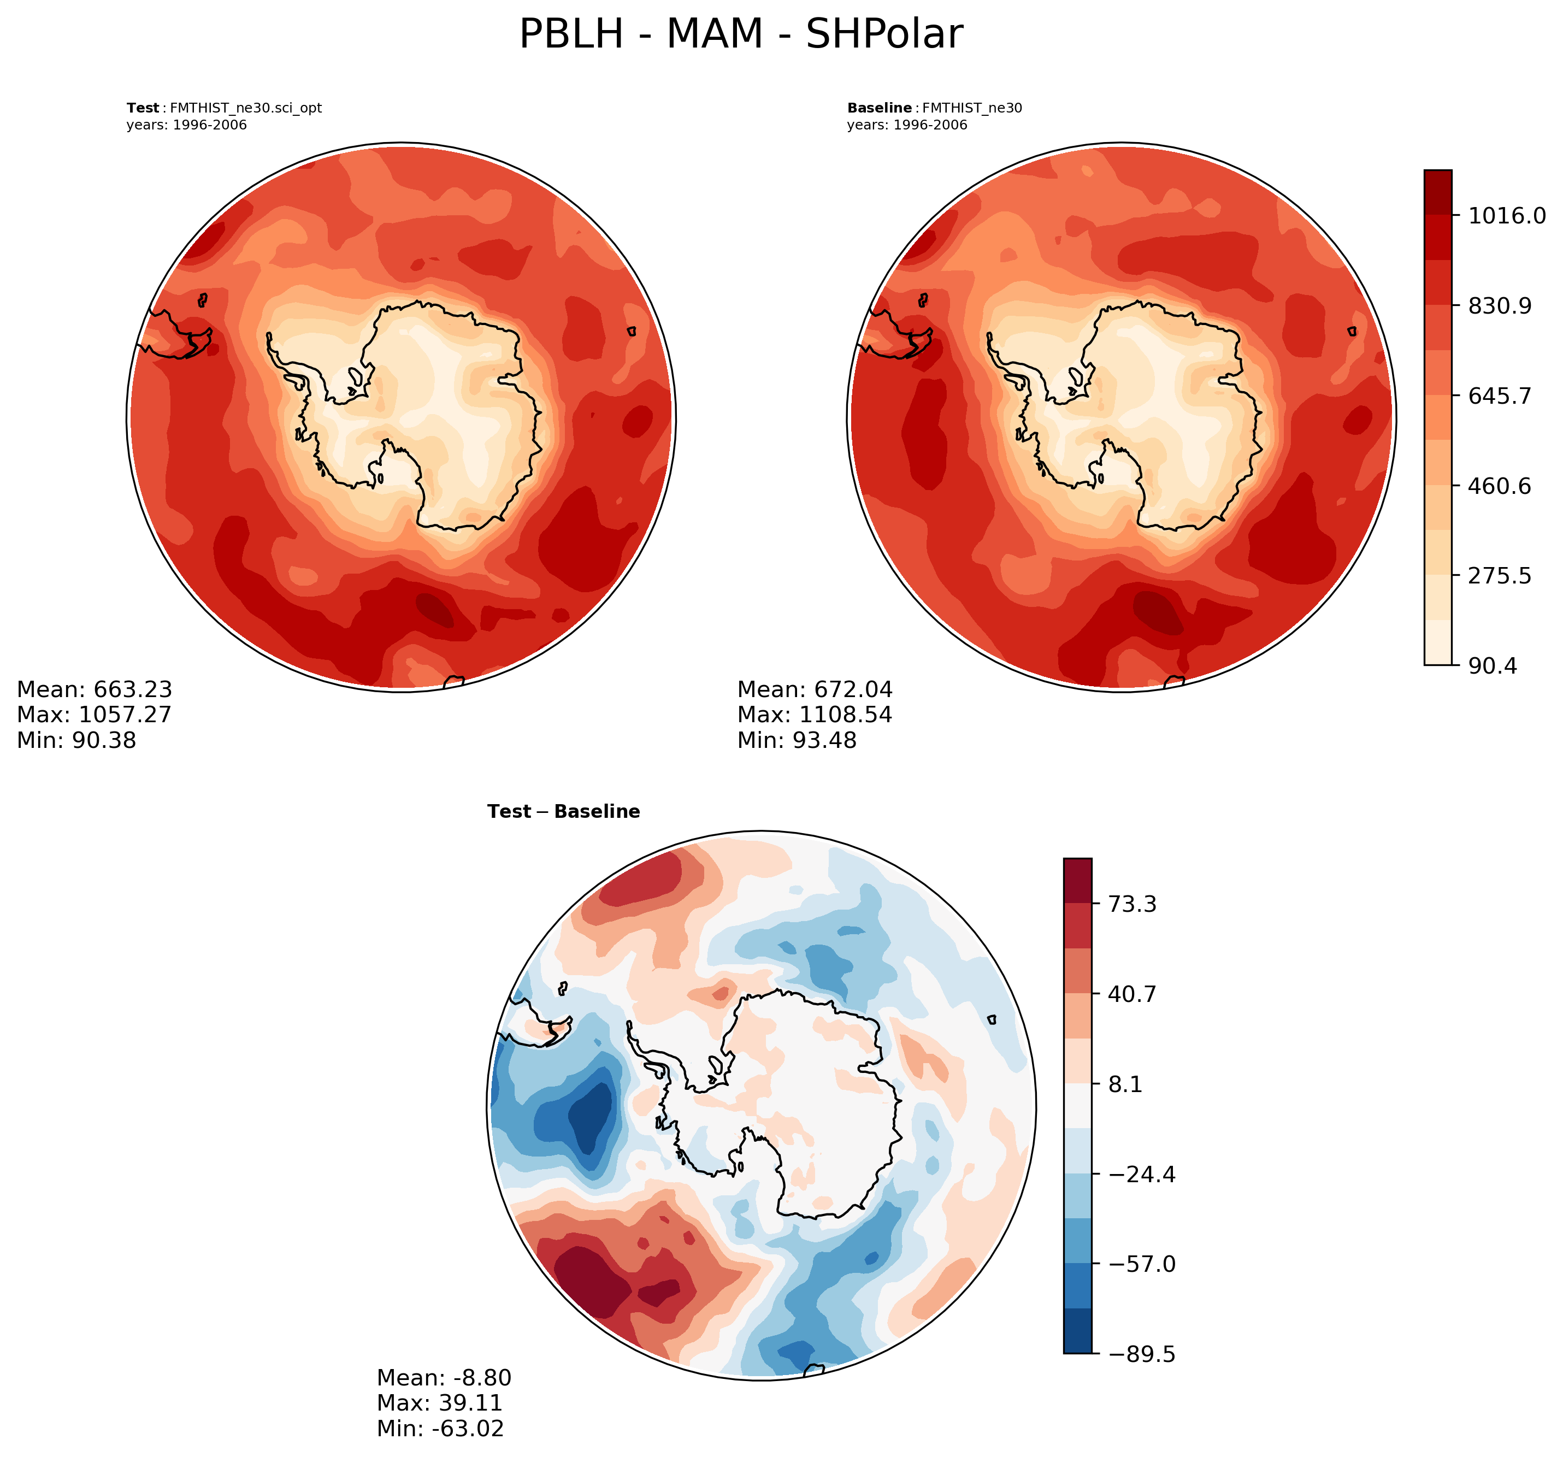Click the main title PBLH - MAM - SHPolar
[741, 34]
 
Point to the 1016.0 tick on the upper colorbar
[1506, 215]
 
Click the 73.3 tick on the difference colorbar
[1131, 904]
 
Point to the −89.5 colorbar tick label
[1142, 1354]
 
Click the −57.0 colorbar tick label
[1142, 1264]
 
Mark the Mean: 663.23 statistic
[95, 689]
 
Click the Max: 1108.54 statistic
[815, 715]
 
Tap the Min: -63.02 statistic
[440, 1428]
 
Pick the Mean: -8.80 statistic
[444, 1378]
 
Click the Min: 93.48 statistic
[797, 740]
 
